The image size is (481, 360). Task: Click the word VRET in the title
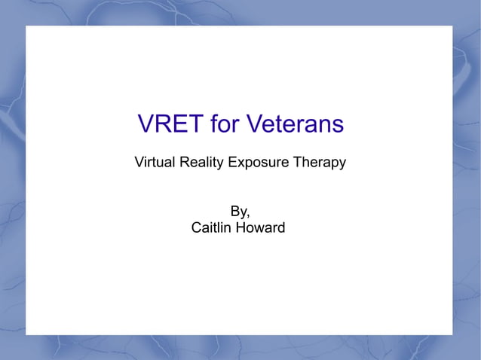click(x=170, y=124)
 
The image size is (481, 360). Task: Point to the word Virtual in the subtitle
click(x=152, y=162)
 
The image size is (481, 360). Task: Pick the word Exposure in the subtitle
click(x=255, y=162)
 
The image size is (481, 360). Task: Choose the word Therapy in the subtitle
click(x=319, y=162)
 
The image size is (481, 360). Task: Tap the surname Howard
click(x=261, y=227)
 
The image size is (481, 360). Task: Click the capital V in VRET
click(x=146, y=124)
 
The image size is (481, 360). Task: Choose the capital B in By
click(x=234, y=211)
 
